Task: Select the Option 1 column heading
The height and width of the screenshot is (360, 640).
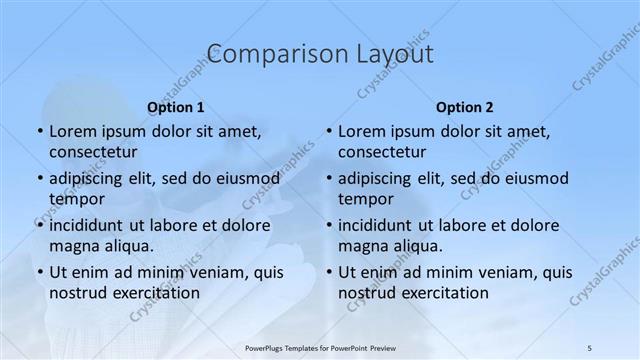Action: [176, 107]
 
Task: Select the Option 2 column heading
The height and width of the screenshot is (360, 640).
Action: [465, 107]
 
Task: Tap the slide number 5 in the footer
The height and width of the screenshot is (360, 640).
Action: [590, 345]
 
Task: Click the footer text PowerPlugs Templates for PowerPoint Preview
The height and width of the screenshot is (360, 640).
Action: [320, 345]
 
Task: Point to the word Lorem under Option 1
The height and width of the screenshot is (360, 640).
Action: [72, 132]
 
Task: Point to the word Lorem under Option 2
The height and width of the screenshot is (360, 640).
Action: [361, 132]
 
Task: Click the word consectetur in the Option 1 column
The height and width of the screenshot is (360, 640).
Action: [93, 152]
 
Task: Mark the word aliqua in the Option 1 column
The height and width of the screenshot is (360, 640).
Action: [127, 245]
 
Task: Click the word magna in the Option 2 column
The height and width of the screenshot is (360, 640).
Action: [362, 245]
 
